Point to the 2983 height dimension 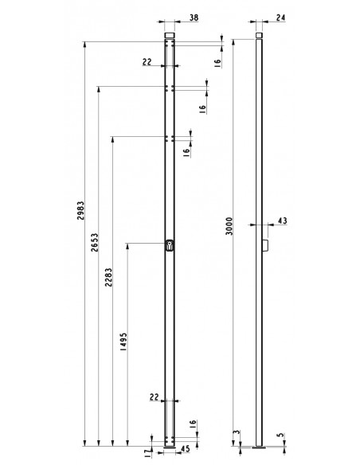[81, 216]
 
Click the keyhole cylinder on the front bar [169, 247]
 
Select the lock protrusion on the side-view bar [265, 247]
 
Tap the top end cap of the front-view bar [169, 35]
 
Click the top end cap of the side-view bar [259, 35]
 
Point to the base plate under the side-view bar [259, 447]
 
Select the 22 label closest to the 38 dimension [147, 61]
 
